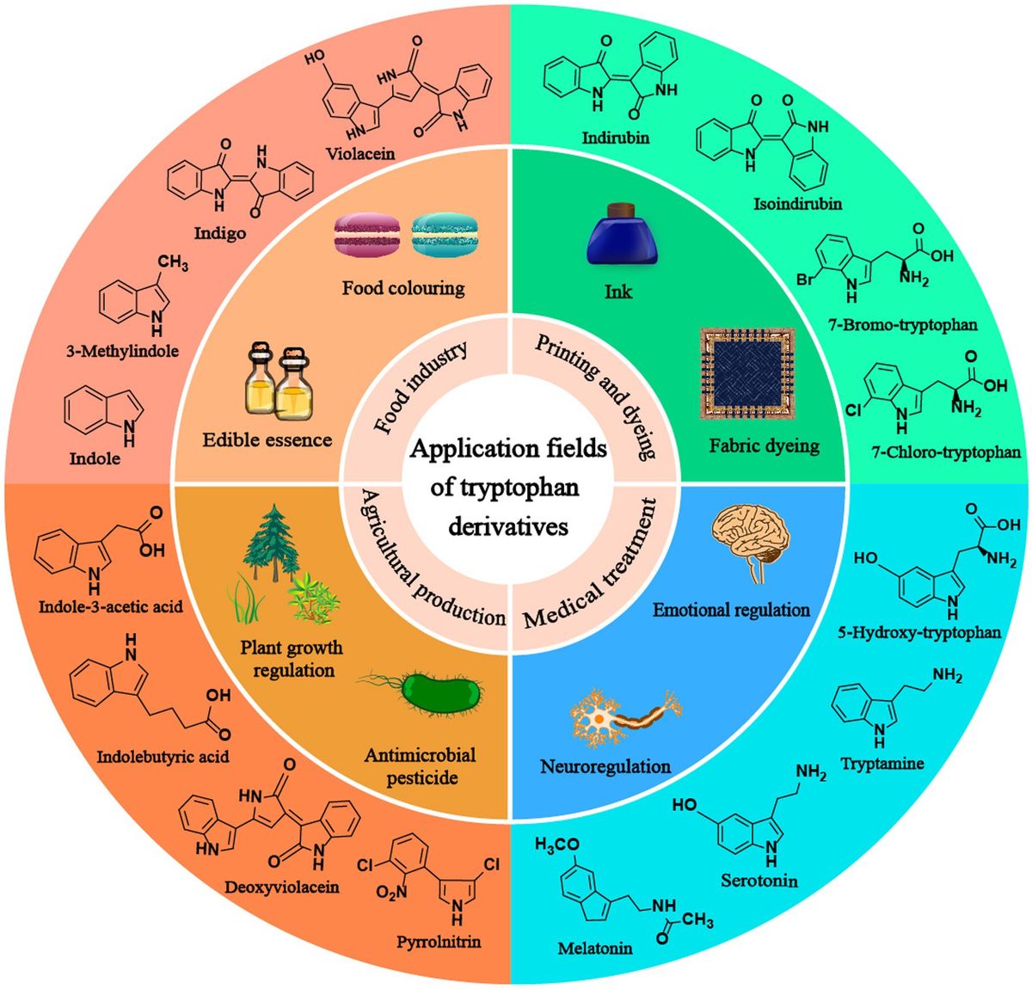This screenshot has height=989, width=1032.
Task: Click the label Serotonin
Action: click(759, 881)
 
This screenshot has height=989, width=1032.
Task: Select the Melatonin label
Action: click(595, 948)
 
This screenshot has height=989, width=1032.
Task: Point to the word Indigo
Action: click(220, 233)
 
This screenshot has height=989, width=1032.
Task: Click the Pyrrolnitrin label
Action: click(439, 941)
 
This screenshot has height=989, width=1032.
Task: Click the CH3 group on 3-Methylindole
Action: click(173, 263)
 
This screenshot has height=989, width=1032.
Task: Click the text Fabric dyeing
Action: click(764, 445)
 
